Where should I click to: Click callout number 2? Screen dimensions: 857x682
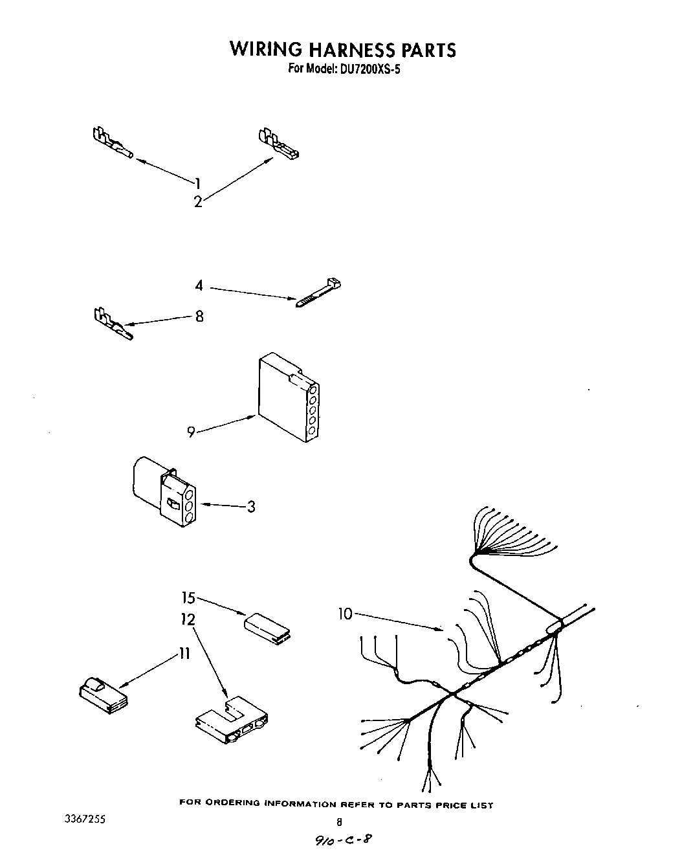click(197, 202)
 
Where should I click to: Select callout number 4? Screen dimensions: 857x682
click(199, 285)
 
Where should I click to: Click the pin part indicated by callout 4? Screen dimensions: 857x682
click(318, 293)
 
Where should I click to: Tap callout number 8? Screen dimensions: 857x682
click(199, 317)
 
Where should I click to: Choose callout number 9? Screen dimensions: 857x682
click(191, 432)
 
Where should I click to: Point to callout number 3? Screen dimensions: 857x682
click(251, 506)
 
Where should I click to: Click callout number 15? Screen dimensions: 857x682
click(188, 599)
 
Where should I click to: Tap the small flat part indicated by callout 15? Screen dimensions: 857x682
click(267, 628)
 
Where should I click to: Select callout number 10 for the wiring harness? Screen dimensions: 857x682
click(345, 613)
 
